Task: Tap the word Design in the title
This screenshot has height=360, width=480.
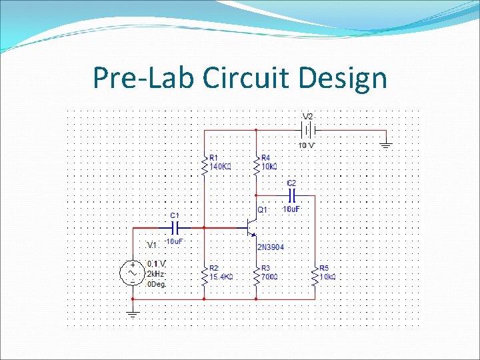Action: (x=343, y=78)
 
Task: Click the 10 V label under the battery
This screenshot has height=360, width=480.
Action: (x=307, y=145)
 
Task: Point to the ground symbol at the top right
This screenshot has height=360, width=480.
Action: (x=385, y=144)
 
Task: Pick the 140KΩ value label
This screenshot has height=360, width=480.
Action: (x=221, y=167)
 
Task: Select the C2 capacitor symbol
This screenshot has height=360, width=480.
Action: (x=291, y=195)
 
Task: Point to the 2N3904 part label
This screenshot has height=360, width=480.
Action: (x=271, y=247)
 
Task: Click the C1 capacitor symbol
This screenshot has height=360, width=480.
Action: (x=173, y=227)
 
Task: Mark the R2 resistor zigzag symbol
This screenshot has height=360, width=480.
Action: (x=205, y=273)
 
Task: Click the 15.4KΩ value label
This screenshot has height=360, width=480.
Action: (x=221, y=276)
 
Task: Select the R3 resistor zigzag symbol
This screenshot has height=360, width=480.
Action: (x=256, y=273)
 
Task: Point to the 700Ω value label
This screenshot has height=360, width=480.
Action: (x=270, y=276)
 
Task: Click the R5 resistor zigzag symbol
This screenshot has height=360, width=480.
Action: (x=315, y=273)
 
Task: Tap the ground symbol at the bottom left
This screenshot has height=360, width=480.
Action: (x=132, y=312)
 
